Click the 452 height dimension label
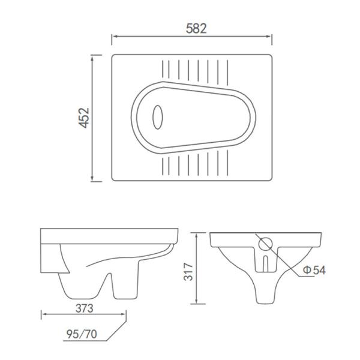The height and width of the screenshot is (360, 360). tap(83, 118)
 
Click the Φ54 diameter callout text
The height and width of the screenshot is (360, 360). tap(314, 271)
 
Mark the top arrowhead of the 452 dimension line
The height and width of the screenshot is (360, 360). tap(92, 56)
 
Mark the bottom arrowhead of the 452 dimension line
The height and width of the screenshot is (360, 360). tap(92, 179)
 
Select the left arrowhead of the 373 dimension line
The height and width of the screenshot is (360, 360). tap(43, 314)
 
